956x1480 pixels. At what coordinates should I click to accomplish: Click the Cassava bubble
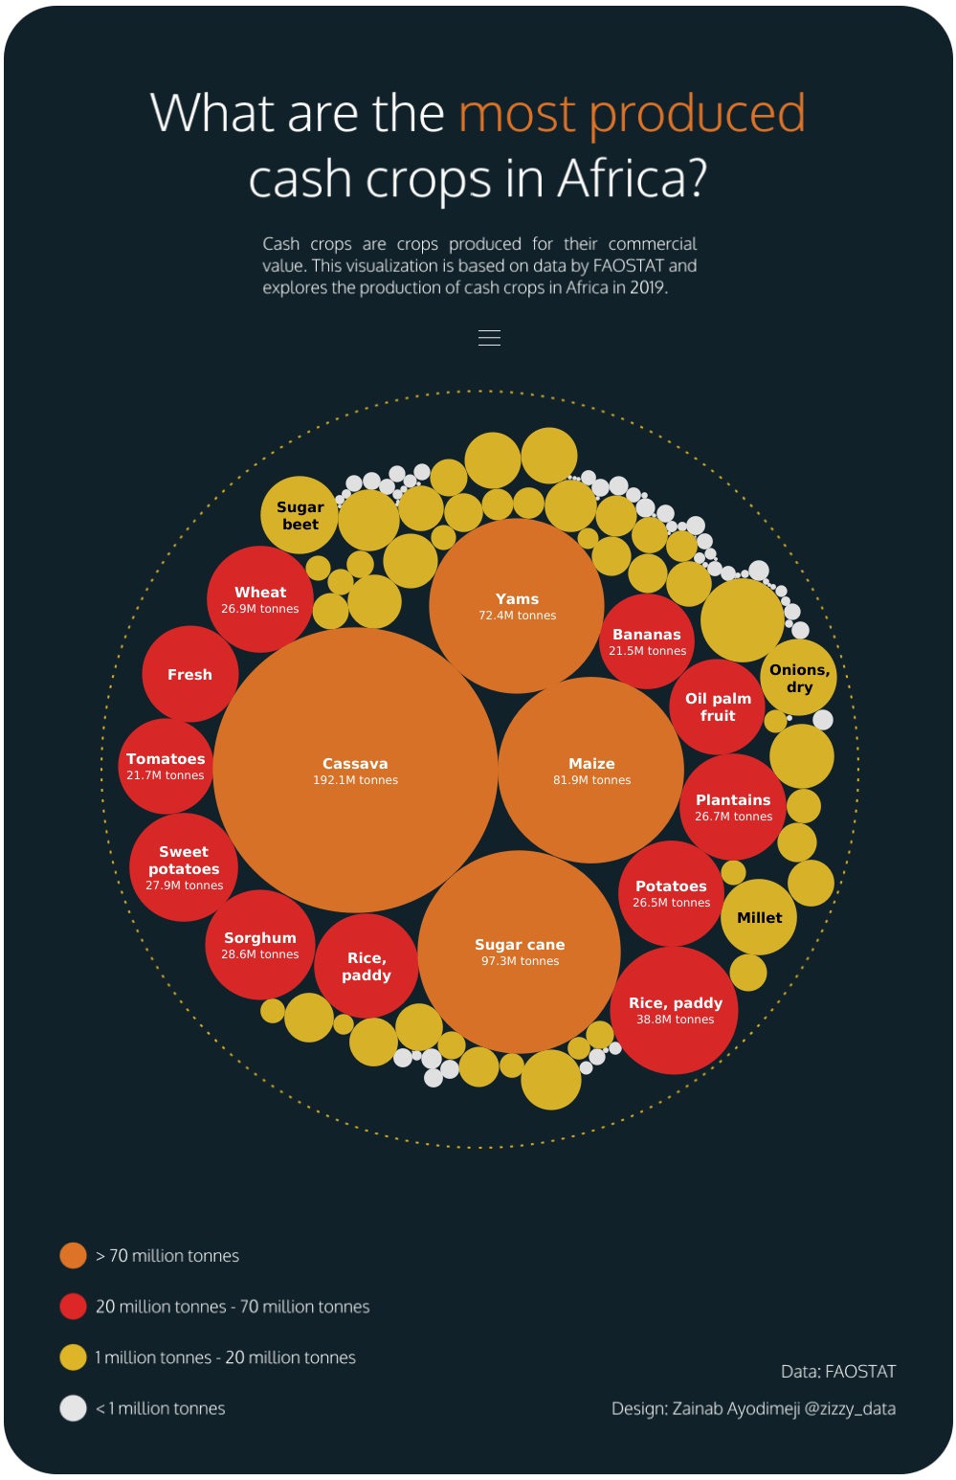tap(355, 771)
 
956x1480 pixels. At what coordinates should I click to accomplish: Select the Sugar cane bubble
tap(520, 952)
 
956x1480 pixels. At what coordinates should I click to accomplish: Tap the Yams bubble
tap(517, 606)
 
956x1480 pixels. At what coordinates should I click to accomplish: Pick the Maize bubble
tap(591, 771)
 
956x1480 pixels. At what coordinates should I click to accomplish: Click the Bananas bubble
tap(647, 641)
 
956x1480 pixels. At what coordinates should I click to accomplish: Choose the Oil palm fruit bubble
tap(718, 706)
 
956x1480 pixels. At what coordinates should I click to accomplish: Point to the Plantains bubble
tap(733, 807)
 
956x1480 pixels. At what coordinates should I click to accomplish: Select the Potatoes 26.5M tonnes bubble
tap(671, 893)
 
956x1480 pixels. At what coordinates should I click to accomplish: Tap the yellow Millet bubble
tap(759, 917)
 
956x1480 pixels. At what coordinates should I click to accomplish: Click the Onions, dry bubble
tap(799, 678)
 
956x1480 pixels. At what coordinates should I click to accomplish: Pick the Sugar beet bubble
tap(300, 515)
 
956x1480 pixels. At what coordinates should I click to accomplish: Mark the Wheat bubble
tap(259, 599)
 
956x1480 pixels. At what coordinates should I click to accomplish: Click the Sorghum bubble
tap(259, 945)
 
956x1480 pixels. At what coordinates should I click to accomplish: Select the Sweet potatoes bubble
tap(184, 867)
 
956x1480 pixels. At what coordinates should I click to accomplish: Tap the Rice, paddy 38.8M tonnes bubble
tap(675, 1010)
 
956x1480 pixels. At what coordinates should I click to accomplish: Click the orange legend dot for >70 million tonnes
tap(73, 1255)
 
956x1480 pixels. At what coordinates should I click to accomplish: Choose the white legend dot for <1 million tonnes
tap(73, 1408)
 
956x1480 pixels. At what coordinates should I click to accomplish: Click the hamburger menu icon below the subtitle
tap(489, 338)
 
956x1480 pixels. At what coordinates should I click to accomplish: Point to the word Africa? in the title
tap(633, 178)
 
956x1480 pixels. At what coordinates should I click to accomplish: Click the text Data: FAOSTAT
tap(838, 1372)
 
